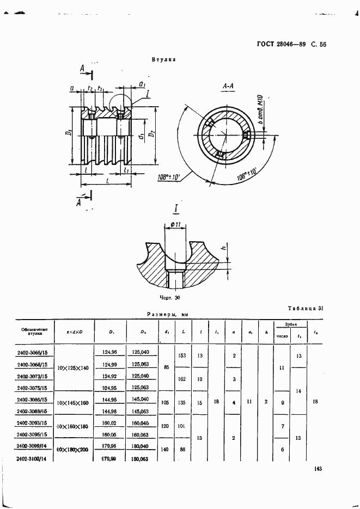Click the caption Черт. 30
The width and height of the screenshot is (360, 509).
pyautogui.click(x=169, y=298)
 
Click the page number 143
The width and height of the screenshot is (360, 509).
pyautogui.click(x=319, y=469)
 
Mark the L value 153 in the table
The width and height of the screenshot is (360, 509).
pyautogui.click(x=182, y=355)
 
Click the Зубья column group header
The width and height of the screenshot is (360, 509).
pyautogui.click(x=292, y=325)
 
